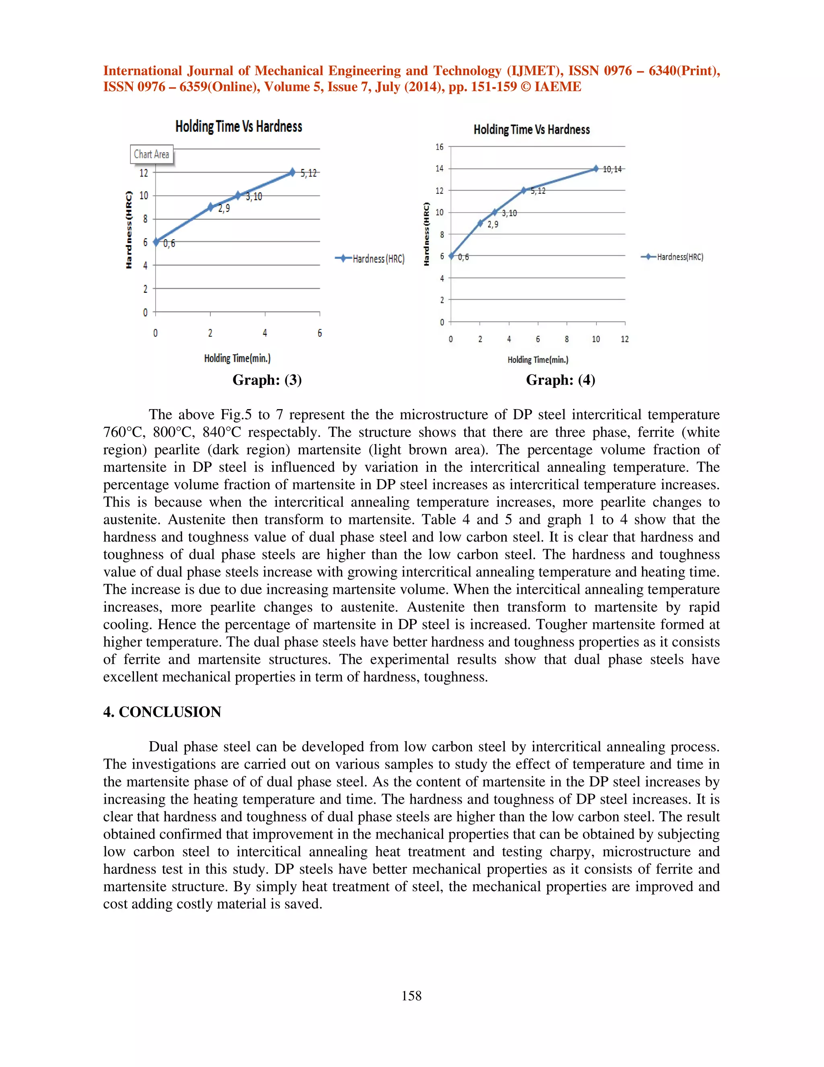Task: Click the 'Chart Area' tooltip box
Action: [151, 154]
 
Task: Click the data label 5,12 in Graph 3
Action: [309, 173]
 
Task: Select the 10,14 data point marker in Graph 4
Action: [595, 169]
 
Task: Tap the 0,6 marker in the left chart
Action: [156, 242]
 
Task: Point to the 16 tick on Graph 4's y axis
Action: [439, 147]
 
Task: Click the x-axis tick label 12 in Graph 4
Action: [624, 339]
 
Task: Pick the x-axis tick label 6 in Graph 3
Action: [320, 333]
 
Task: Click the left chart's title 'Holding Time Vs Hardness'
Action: [239, 126]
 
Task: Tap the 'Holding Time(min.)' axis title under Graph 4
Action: [538, 360]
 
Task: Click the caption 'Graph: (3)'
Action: [267, 380]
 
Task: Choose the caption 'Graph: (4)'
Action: [560, 380]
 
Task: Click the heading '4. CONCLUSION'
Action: [162, 712]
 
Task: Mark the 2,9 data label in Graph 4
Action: [492, 225]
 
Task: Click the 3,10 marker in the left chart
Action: [238, 195]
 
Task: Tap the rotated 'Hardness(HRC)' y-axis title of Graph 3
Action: [129, 230]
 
